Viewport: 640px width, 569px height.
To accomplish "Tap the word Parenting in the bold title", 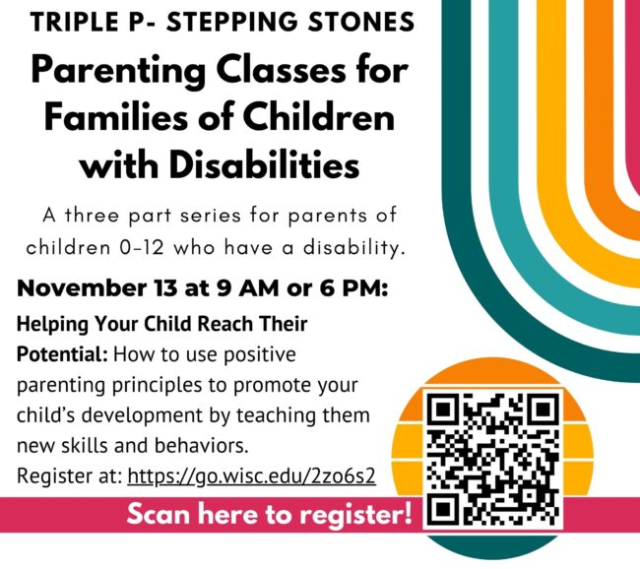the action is click(119, 72).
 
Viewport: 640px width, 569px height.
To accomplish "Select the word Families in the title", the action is click(114, 118).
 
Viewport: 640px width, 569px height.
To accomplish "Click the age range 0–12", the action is click(142, 248).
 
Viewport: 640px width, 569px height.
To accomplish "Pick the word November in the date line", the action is click(82, 288).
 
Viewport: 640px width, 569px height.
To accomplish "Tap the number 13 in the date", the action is click(166, 288).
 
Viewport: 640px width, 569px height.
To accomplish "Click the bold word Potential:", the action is click(62, 354).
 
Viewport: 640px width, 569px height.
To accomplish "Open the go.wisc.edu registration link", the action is click(251, 475).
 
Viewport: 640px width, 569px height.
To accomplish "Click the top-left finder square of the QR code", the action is click(443, 410).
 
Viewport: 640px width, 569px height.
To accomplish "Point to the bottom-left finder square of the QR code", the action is click(443, 509).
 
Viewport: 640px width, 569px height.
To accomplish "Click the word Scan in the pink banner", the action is click(160, 514).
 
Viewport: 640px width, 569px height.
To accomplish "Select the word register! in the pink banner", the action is click(356, 516).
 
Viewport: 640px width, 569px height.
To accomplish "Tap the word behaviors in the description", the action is click(201, 445).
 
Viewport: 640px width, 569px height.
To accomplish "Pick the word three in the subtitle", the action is click(92, 216).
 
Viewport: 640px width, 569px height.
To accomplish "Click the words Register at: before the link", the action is click(70, 476).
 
